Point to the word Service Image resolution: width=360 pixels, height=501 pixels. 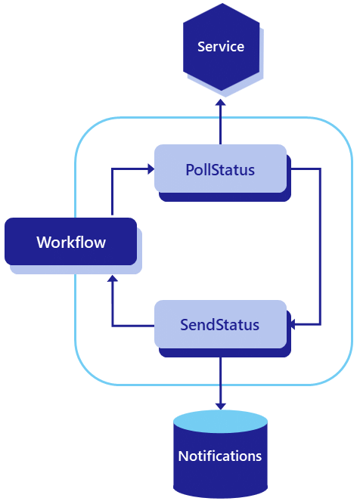coord(220,47)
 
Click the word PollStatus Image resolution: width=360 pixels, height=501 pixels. coord(220,169)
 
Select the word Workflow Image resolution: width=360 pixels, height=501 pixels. coord(70,243)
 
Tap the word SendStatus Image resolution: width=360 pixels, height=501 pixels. coord(220,325)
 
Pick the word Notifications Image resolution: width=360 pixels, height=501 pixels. coord(220,456)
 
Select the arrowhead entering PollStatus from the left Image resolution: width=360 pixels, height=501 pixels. coord(149,169)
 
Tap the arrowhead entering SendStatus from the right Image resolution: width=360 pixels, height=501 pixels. coord(293,325)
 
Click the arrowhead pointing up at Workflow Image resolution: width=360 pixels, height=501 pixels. coord(112,279)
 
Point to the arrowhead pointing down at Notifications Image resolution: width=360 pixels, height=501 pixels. coord(220,406)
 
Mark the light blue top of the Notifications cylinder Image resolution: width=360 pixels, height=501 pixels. coord(220,421)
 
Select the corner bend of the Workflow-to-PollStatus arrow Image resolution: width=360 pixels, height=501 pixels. coord(112,169)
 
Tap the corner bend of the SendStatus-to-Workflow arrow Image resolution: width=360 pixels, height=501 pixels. coord(112,326)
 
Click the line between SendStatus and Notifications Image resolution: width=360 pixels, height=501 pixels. coord(220,378)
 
